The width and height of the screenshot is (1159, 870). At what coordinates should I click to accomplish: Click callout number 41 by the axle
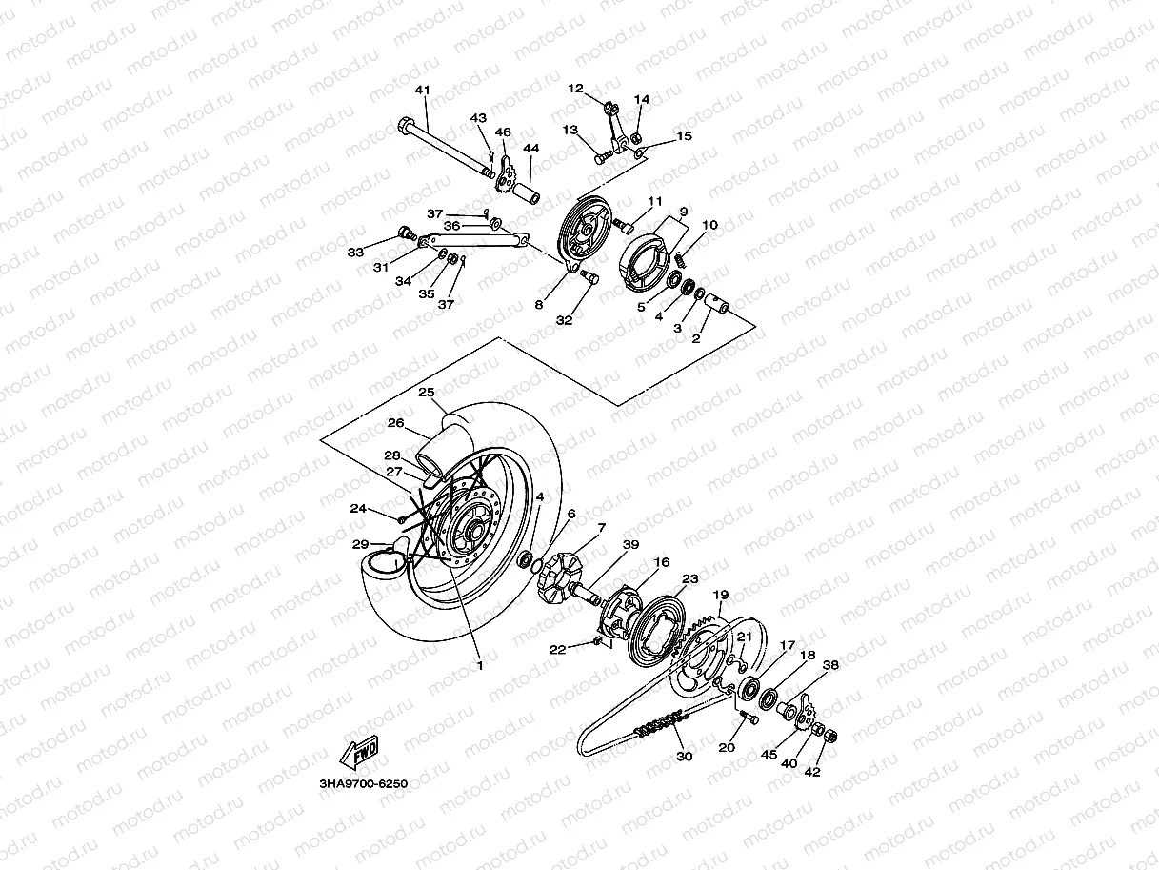[422, 91]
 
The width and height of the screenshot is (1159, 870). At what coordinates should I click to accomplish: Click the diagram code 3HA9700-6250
[363, 784]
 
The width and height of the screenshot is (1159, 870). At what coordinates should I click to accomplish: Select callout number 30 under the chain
[683, 756]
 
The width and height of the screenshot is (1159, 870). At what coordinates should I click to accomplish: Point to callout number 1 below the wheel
[479, 665]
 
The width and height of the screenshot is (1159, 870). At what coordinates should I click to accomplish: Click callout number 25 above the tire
[426, 393]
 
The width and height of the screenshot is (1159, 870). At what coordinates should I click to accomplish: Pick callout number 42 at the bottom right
[813, 773]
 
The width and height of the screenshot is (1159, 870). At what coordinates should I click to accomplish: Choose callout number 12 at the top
[575, 89]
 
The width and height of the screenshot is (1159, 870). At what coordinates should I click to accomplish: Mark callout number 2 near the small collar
[695, 338]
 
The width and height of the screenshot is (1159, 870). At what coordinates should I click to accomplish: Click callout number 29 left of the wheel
[360, 544]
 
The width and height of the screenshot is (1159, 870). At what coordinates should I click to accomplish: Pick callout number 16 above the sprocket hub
[661, 563]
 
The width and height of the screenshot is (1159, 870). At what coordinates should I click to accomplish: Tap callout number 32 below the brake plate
[564, 321]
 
